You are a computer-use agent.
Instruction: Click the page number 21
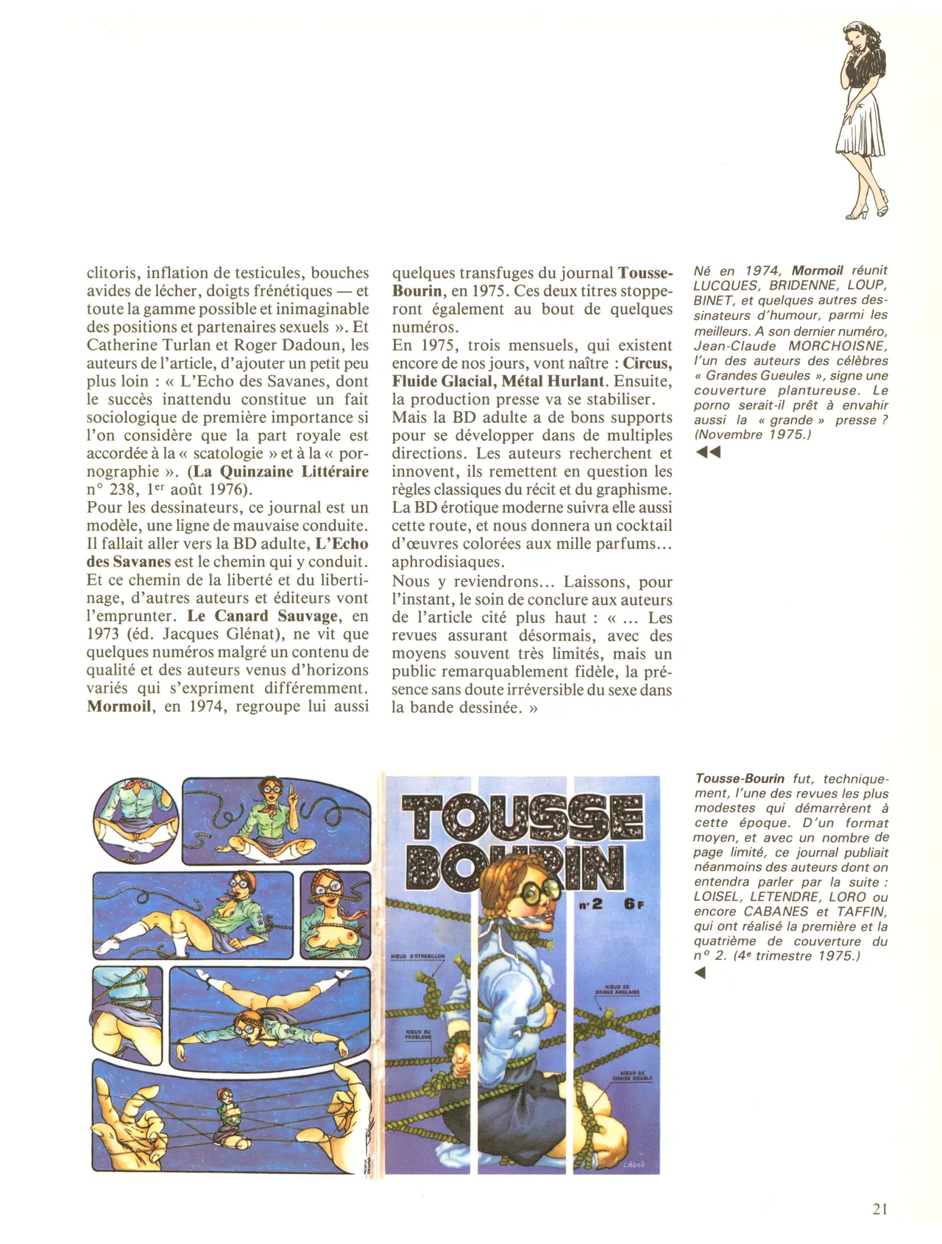pyautogui.click(x=879, y=1209)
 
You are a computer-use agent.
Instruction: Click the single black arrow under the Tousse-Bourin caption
pyautogui.click(x=700, y=973)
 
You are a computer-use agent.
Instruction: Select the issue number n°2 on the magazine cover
pyautogui.click(x=591, y=903)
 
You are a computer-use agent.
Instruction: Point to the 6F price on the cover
pyautogui.click(x=634, y=903)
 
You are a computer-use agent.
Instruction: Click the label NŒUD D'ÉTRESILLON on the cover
pyautogui.click(x=417, y=956)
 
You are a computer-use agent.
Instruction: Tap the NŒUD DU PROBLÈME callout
pyautogui.click(x=418, y=1034)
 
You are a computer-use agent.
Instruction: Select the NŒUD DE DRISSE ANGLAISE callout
pyautogui.click(x=617, y=989)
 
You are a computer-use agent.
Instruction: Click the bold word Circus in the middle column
pyautogui.click(x=647, y=363)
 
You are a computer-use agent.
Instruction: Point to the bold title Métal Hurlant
pyautogui.click(x=552, y=381)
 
